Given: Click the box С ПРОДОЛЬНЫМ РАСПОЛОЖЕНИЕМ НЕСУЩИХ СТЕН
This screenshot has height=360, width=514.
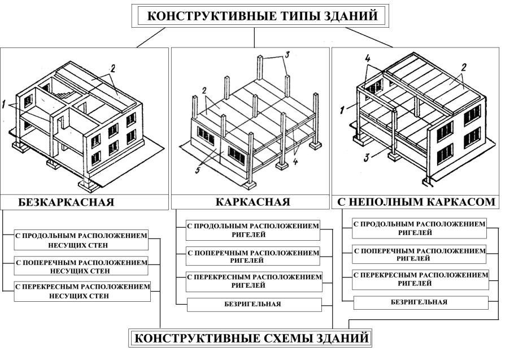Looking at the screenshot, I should [x=80, y=239].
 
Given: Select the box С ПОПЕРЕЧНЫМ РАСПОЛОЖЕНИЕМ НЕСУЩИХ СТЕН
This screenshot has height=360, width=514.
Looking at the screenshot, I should [x=80, y=265].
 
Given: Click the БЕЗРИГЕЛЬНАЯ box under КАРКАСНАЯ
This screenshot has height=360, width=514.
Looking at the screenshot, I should [x=253, y=305].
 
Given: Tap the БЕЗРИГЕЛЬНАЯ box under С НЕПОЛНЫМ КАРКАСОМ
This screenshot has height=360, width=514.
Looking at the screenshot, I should [x=420, y=302].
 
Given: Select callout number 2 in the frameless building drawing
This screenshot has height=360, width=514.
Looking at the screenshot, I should [x=114, y=68].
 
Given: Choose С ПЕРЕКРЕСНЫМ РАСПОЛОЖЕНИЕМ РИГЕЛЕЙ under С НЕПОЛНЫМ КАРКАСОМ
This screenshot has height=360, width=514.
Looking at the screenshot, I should [x=420, y=279].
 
